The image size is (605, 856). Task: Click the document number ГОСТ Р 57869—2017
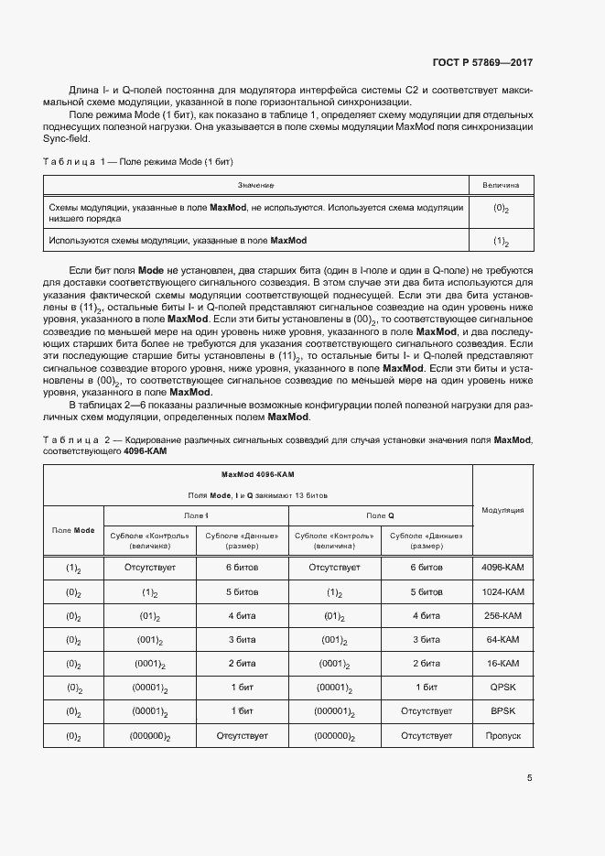click(x=481, y=63)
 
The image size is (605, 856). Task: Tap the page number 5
click(x=530, y=778)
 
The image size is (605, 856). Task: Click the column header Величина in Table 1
click(x=501, y=186)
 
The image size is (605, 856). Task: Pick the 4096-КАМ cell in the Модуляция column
click(x=501, y=568)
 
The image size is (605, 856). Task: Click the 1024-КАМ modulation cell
click(x=501, y=592)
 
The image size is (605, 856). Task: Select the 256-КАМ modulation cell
click(x=501, y=616)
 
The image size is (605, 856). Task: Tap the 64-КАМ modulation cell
click(x=501, y=640)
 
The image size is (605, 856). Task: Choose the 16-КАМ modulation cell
click(x=501, y=663)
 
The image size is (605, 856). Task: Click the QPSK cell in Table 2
click(x=501, y=687)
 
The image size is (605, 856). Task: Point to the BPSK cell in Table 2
click(x=501, y=710)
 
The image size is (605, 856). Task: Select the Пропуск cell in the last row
click(x=501, y=735)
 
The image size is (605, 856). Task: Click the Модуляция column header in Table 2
click(x=502, y=510)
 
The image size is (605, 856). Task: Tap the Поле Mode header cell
click(x=73, y=530)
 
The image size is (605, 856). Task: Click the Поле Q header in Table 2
click(x=380, y=516)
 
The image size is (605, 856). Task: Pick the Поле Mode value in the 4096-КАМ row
click(x=73, y=569)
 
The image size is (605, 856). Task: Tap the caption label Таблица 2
click(x=76, y=440)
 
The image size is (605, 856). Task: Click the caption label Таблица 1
click(x=76, y=161)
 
